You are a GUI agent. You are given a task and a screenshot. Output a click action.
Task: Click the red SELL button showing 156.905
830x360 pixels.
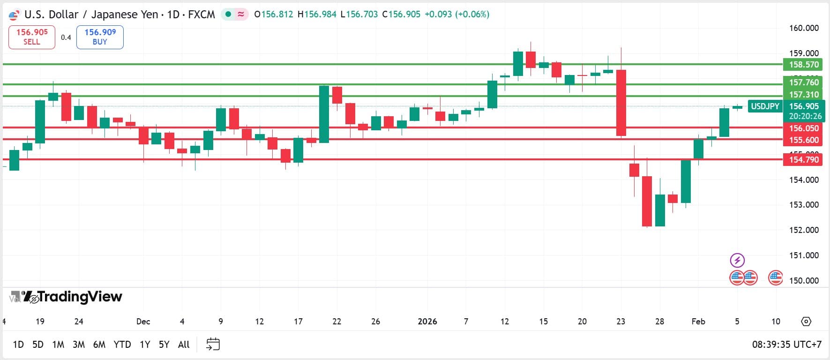(32, 37)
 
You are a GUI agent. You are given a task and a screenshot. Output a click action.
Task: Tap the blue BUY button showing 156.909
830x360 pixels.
(100, 37)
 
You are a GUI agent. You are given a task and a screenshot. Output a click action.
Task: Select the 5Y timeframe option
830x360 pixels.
(164, 345)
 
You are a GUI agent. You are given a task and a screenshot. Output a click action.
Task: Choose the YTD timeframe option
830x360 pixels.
(122, 345)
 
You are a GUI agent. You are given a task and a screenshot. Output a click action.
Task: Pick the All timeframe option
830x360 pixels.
(184, 345)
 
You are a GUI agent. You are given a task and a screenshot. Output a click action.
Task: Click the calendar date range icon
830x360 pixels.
(213, 345)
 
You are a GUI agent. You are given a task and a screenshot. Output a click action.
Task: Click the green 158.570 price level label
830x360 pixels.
(803, 65)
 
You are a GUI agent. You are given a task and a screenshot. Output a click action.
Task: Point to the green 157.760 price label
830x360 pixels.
(803, 82)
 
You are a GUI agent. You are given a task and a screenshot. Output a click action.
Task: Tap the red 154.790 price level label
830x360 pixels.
(803, 160)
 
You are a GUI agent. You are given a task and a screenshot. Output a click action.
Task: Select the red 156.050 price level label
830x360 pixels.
(803, 128)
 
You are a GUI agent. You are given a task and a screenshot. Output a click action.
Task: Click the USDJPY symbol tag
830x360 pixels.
(765, 106)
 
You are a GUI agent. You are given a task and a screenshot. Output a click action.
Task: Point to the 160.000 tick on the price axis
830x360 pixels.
(804, 28)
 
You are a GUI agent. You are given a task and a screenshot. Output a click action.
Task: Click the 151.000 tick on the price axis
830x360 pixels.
(804, 255)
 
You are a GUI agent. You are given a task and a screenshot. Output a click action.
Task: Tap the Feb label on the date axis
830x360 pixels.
(698, 322)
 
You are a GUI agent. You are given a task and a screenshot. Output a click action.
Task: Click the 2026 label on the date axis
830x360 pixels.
(427, 322)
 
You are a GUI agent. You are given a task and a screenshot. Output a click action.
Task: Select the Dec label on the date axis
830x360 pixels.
(143, 322)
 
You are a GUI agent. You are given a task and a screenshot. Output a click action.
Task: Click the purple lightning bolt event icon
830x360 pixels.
(737, 260)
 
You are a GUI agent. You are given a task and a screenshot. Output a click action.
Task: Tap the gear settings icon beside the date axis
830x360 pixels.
(806, 322)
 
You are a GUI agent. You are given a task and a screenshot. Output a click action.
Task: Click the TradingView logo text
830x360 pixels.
(79, 297)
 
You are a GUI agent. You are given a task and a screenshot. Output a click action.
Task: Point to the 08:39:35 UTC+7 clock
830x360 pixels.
(786, 345)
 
